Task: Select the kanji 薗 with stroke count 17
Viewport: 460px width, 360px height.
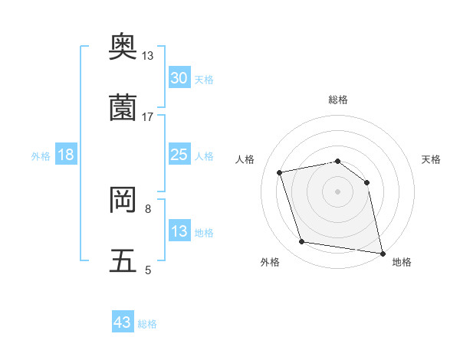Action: tap(123, 108)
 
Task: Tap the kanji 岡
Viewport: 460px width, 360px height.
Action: tap(123, 200)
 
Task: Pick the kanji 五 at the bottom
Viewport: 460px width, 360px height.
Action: tap(123, 261)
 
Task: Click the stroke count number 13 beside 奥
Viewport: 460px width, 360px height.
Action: tap(147, 56)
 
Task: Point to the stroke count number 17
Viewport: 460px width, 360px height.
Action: tap(147, 116)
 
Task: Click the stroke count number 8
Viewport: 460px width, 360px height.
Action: tap(147, 208)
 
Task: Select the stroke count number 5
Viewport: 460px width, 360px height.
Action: tap(147, 270)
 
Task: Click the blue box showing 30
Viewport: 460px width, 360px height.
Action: tap(179, 78)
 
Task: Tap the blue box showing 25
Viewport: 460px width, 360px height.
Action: tap(179, 155)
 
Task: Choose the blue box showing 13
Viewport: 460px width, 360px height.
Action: tap(179, 231)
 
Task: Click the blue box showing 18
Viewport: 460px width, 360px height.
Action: tap(65, 155)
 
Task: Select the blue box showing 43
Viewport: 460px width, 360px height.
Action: tap(122, 322)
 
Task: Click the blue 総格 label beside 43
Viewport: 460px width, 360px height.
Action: tap(147, 324)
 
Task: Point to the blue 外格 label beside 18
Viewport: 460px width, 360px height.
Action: tap(41, 156)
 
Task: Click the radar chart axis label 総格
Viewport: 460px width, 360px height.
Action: tap(337, 100)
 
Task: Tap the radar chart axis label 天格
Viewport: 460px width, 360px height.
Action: tap(432, 159)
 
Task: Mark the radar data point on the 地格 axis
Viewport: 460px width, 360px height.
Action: tap(381, 252)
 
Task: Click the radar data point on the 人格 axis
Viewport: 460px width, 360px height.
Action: tap(280, 172)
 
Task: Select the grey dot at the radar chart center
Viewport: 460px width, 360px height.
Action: tap(337, 191)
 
